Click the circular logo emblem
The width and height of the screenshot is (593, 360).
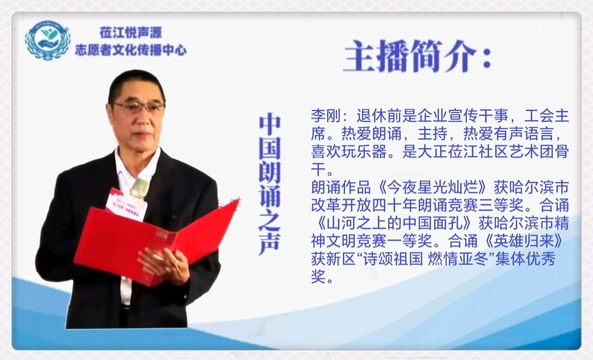coord(48,40)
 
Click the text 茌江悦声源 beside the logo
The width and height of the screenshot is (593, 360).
coord(131,33)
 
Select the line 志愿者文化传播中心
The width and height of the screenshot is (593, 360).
coord(131,50)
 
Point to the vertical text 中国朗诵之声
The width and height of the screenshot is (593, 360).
coord(270,185)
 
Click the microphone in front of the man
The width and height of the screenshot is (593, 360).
coord(139,188)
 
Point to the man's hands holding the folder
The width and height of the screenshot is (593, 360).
coord(164,265)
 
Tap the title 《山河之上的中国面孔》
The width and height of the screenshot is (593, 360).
coord(393,224)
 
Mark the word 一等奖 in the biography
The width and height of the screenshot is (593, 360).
coord(410,241)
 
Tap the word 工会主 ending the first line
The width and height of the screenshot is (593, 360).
coord(547,116)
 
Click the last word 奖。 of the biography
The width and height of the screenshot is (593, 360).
coord(323,278)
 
